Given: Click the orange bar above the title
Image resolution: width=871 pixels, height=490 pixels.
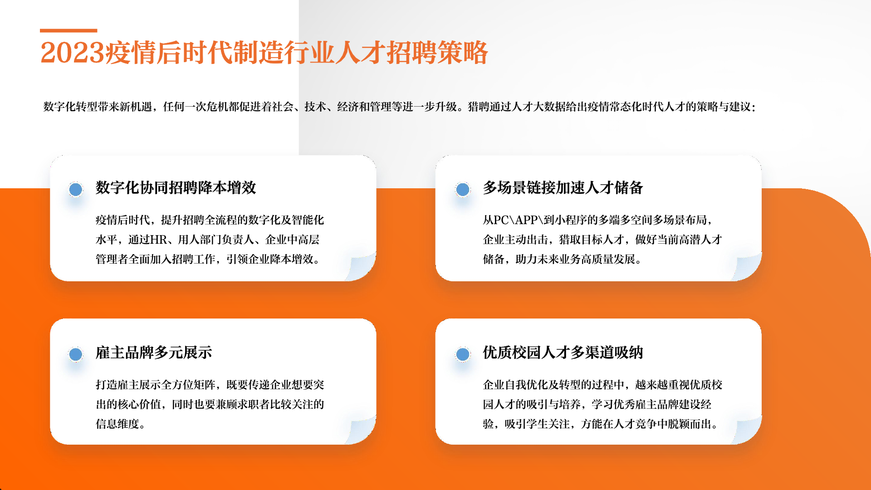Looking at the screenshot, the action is [x=69, y=31].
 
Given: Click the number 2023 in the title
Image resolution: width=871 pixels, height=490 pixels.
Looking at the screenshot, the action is [x=73, y=53].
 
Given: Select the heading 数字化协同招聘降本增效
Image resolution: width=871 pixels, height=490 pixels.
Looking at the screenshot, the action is [x=176, y=187].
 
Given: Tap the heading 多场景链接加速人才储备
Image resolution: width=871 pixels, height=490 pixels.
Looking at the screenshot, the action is [x=563, y=187].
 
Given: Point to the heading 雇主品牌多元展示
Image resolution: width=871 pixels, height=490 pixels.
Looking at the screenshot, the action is [x=154, y=353].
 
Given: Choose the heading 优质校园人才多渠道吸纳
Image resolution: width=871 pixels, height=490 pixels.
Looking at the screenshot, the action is [x=563, y=353].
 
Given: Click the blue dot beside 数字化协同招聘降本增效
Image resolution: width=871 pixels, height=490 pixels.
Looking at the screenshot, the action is [x=76, y=189].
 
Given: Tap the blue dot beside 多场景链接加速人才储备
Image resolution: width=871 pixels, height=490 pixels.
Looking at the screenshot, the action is [x=463, y=189].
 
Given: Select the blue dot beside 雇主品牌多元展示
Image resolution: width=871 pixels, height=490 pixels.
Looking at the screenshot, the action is [x=76, y=354].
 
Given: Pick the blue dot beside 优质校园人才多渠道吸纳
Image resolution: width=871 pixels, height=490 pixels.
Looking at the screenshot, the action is [x=463, y=354].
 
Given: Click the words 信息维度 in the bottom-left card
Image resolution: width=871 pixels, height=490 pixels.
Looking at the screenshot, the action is [x=117, y=424].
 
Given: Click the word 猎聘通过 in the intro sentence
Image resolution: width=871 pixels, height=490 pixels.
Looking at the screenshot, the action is [x=489, y=107].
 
